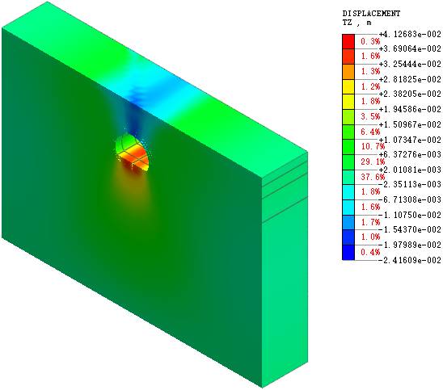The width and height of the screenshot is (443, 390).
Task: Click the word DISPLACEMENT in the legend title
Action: tap(371, 13)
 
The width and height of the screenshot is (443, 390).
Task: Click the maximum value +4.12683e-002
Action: tap(410, 34)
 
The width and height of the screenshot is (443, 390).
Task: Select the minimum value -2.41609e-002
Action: tap(410, 260)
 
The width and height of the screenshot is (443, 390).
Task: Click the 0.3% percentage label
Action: tap(370, 41)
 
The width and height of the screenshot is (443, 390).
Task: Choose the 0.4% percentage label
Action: tap(370, 252)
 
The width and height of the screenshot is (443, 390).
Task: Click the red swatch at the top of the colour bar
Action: tap(348, 42)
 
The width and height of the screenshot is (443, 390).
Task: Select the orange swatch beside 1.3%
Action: tap(348, 72)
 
